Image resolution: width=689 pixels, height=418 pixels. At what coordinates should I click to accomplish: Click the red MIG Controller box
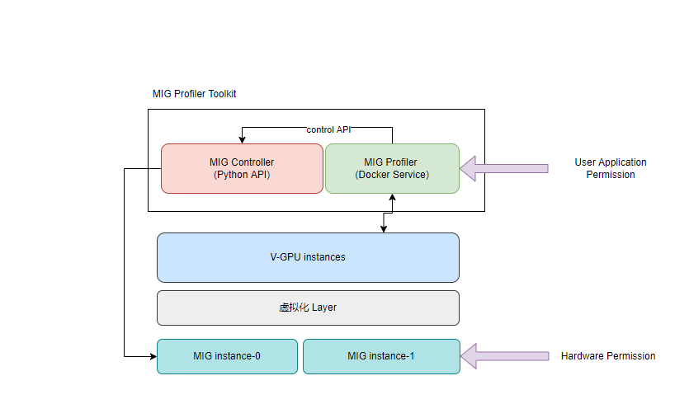242,168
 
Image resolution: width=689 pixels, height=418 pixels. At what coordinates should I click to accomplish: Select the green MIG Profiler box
392,168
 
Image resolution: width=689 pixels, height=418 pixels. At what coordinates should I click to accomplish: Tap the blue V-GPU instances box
308,257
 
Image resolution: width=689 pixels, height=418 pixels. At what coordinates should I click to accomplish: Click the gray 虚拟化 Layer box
308,308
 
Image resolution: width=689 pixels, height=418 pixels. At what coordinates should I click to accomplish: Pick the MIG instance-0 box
227,356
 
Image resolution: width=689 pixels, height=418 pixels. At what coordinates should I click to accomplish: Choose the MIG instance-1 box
381,356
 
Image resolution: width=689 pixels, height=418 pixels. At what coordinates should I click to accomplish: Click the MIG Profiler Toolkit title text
195,94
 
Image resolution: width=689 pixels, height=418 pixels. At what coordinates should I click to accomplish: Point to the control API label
329,129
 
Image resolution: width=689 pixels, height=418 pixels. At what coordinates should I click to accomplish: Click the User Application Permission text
611,168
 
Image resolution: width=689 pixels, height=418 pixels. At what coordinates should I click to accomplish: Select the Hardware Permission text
608,356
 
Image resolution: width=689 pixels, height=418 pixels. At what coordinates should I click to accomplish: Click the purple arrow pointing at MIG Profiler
503,168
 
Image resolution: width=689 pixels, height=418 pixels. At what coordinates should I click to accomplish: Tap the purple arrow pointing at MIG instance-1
504,356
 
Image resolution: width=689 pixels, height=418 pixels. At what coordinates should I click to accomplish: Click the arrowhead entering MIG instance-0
153,356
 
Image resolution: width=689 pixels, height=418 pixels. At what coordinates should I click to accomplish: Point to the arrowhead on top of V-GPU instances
383,228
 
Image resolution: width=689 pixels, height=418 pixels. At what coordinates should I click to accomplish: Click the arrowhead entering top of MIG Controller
242,139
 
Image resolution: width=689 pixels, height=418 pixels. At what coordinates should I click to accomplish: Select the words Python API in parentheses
242,175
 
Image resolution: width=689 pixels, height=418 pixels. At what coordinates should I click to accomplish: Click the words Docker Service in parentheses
392,175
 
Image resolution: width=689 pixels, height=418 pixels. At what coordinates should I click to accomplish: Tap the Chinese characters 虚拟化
294,308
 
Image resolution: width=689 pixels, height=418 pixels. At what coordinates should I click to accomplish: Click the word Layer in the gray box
324,308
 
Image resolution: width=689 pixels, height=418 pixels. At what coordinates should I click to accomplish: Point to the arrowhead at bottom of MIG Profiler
392,198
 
